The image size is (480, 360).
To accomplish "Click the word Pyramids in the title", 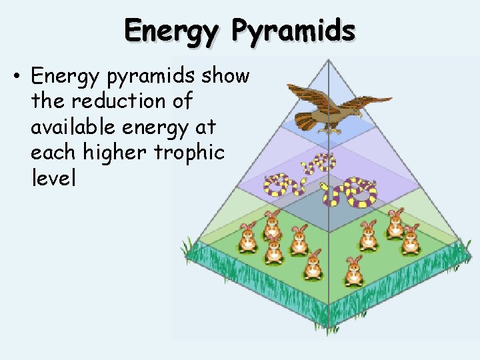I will coord(293,31).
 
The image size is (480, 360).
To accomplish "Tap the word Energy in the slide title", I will coord(171,31).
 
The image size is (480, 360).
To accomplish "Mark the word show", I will coord(224,76).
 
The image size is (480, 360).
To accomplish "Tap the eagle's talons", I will coord(328,129).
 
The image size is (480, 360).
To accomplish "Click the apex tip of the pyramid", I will coord(328,61).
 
